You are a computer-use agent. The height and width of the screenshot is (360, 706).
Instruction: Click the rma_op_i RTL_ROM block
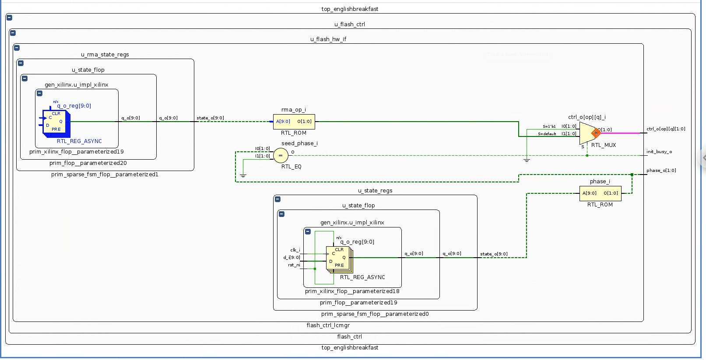[294, 122]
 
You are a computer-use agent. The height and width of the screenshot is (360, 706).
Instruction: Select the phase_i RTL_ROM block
[600, 193]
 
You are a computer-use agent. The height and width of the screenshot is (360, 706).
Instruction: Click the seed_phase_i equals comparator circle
[281, 155]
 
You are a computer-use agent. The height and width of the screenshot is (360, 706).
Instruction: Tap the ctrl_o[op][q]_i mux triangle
[587, 133]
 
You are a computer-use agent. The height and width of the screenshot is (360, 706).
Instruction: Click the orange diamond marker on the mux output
[596, 133]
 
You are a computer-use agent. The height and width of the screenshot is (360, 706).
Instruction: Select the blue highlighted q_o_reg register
[55, 122]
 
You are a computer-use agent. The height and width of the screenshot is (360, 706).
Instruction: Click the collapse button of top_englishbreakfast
[9, 18]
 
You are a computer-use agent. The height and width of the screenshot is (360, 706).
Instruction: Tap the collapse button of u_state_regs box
[277, 199]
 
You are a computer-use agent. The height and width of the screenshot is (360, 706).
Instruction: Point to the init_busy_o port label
[659, 152]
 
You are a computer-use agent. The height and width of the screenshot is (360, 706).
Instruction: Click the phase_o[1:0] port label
[661, 171]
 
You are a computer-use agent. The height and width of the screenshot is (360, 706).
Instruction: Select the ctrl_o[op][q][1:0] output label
[666, 129]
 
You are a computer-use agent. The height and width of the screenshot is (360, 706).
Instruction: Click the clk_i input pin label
[295, 250]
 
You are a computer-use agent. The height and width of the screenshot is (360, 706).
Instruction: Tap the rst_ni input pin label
[294, 265]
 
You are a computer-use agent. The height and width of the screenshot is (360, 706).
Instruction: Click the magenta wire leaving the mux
[622, 133]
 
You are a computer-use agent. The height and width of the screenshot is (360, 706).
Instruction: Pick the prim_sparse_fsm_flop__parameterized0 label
[375, 314]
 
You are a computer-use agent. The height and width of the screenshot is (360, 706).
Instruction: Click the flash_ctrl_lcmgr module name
[328, 325]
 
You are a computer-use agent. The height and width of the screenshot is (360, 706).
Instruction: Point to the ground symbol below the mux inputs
[527, 161]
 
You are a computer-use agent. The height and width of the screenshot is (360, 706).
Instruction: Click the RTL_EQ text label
[291, 167]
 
